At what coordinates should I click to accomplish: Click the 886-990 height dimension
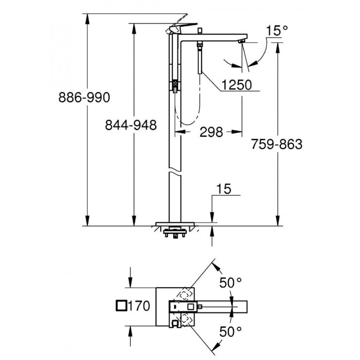click(x=84, y=97)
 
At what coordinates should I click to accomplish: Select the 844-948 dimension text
click(x=131, y=126)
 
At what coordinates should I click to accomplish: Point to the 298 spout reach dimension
click(x=211, y=132)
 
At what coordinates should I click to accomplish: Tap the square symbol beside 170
click(x=122, y=306)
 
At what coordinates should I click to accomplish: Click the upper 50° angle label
click(x=230, y=283)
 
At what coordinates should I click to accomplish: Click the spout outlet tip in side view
click(x=241, y=43)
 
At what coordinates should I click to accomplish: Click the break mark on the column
click(x=175, y=173)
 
